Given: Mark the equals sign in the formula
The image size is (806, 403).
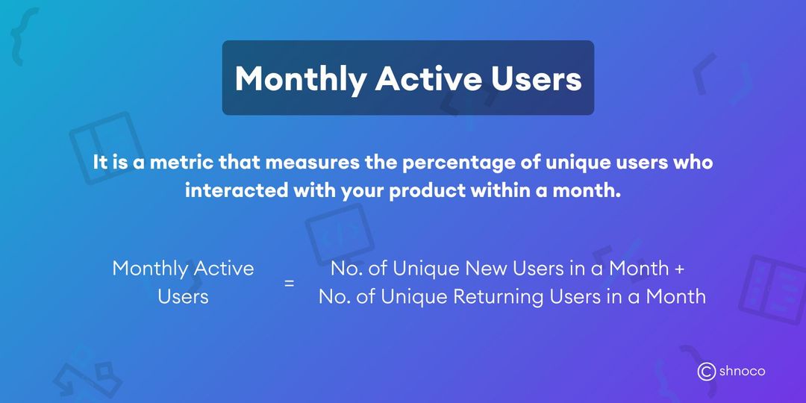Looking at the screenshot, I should coord(289,284).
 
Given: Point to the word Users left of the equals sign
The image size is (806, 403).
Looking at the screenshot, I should coord(183,296).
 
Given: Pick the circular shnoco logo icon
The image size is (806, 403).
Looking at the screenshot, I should coord(706,371).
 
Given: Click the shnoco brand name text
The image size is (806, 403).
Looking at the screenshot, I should coord(743,371).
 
